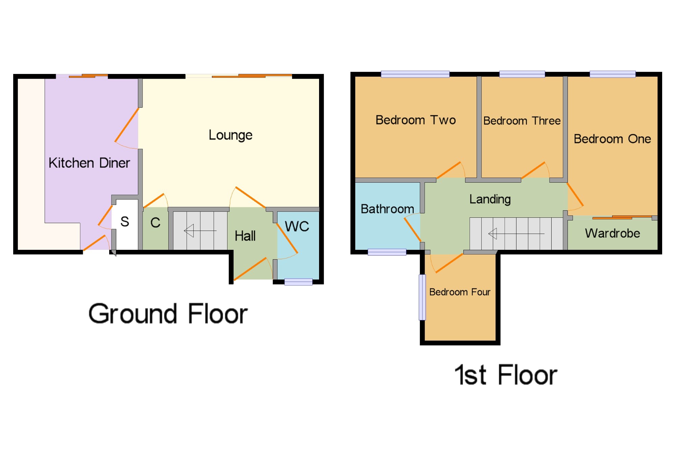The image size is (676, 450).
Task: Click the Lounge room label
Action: click(x=231, y=135)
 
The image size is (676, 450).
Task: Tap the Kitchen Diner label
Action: click(x=89, y=163)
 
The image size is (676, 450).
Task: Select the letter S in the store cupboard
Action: click(x=125, y=221)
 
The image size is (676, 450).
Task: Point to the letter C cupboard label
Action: click(x=155, y=222)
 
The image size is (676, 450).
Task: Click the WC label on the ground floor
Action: click(x=297, y=226)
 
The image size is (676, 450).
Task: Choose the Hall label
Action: click(x=245, y=236)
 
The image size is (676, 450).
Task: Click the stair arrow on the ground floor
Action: click(x=200, y=231)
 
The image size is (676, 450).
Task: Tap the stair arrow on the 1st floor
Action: click(x=516, y=233)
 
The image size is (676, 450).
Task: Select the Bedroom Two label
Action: click(x=416, y=120)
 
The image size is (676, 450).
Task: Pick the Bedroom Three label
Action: click(x=522, y=121)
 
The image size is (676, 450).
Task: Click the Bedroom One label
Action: click(x=612, y=139)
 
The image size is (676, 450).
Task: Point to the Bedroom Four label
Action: click(x=460, y=292)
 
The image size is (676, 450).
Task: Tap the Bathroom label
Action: click(x=387, y=209)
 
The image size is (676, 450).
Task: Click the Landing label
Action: click(x=490, y=200)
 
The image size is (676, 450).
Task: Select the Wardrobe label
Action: click(x=612, y=233)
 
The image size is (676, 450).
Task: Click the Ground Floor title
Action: click(x=168, y=314)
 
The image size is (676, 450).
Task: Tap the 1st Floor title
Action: click(x=506, y=375)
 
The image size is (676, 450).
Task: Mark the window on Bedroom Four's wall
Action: click(x=422, y=297)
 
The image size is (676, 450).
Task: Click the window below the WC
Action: click(x=298, y=282)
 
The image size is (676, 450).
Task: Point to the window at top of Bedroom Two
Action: click(x=415, y=74)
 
